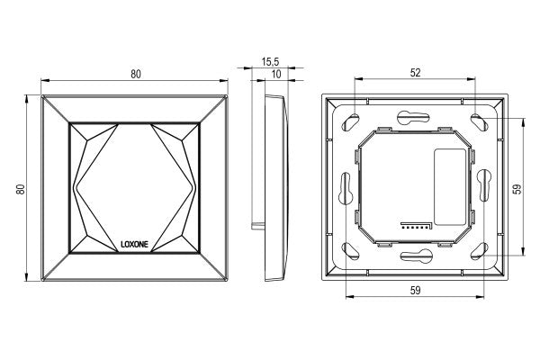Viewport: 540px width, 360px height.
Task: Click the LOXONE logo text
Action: click(134, 244)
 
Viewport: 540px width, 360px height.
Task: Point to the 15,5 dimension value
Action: click(270, 62)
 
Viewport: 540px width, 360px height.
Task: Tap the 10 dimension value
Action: click(276, 74)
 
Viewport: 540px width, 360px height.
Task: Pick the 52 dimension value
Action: click(415, 72)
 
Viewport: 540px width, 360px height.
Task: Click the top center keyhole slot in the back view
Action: click(413, 118)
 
